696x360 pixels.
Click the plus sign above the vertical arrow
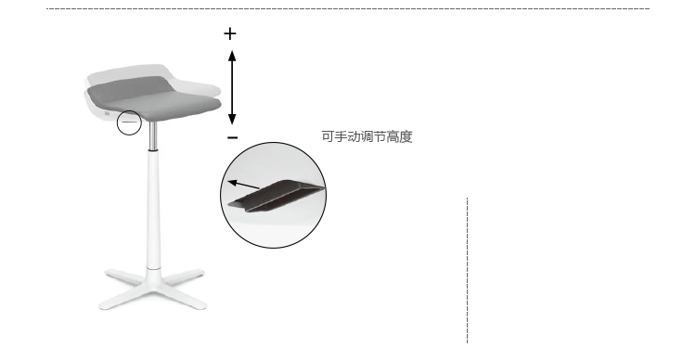(229, 33)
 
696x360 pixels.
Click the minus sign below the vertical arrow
(233, 137)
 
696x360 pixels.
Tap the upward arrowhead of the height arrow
(232, 56)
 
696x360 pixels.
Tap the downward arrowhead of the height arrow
(232, 119)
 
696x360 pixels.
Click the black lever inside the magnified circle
(277, 195)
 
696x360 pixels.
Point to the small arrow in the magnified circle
(243, 185)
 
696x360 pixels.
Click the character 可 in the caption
(328, 136)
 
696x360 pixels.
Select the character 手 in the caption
(340, 136)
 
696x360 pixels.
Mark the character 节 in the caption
(380, 136)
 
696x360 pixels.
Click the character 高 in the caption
(393, 136)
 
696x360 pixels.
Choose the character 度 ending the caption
(406, 136)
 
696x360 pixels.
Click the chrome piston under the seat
(153, 135)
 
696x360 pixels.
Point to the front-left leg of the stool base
(122, 298)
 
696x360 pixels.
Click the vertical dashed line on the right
(467, 270)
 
